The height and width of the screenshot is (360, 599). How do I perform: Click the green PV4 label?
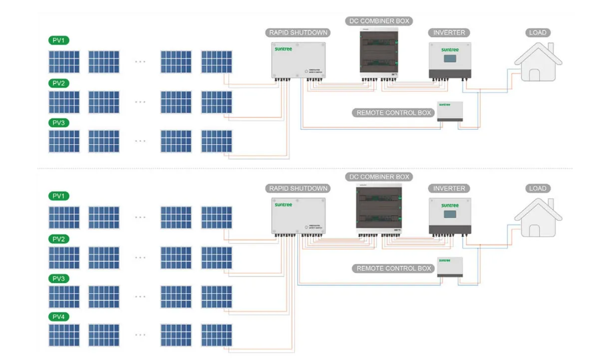59,317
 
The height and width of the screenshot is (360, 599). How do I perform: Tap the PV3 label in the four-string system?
59,278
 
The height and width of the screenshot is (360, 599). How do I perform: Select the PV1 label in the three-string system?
59,40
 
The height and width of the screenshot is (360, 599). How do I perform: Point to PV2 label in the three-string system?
59,83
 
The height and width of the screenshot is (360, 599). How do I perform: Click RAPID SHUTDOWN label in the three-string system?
299,33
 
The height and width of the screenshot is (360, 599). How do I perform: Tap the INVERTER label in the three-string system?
449,33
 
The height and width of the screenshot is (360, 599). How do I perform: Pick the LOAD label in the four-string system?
538,189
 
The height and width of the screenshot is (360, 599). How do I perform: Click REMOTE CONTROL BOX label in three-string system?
393,113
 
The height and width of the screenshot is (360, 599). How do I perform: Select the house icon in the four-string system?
538,218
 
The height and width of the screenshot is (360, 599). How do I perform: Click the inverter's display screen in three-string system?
449,60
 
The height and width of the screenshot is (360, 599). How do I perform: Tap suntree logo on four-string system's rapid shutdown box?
283,205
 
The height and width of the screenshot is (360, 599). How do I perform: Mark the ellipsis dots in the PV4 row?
140,335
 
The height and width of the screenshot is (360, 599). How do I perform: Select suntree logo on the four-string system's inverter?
449,205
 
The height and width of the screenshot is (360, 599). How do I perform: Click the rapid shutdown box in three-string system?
299,60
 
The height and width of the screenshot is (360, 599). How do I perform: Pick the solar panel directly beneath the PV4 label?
64,335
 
